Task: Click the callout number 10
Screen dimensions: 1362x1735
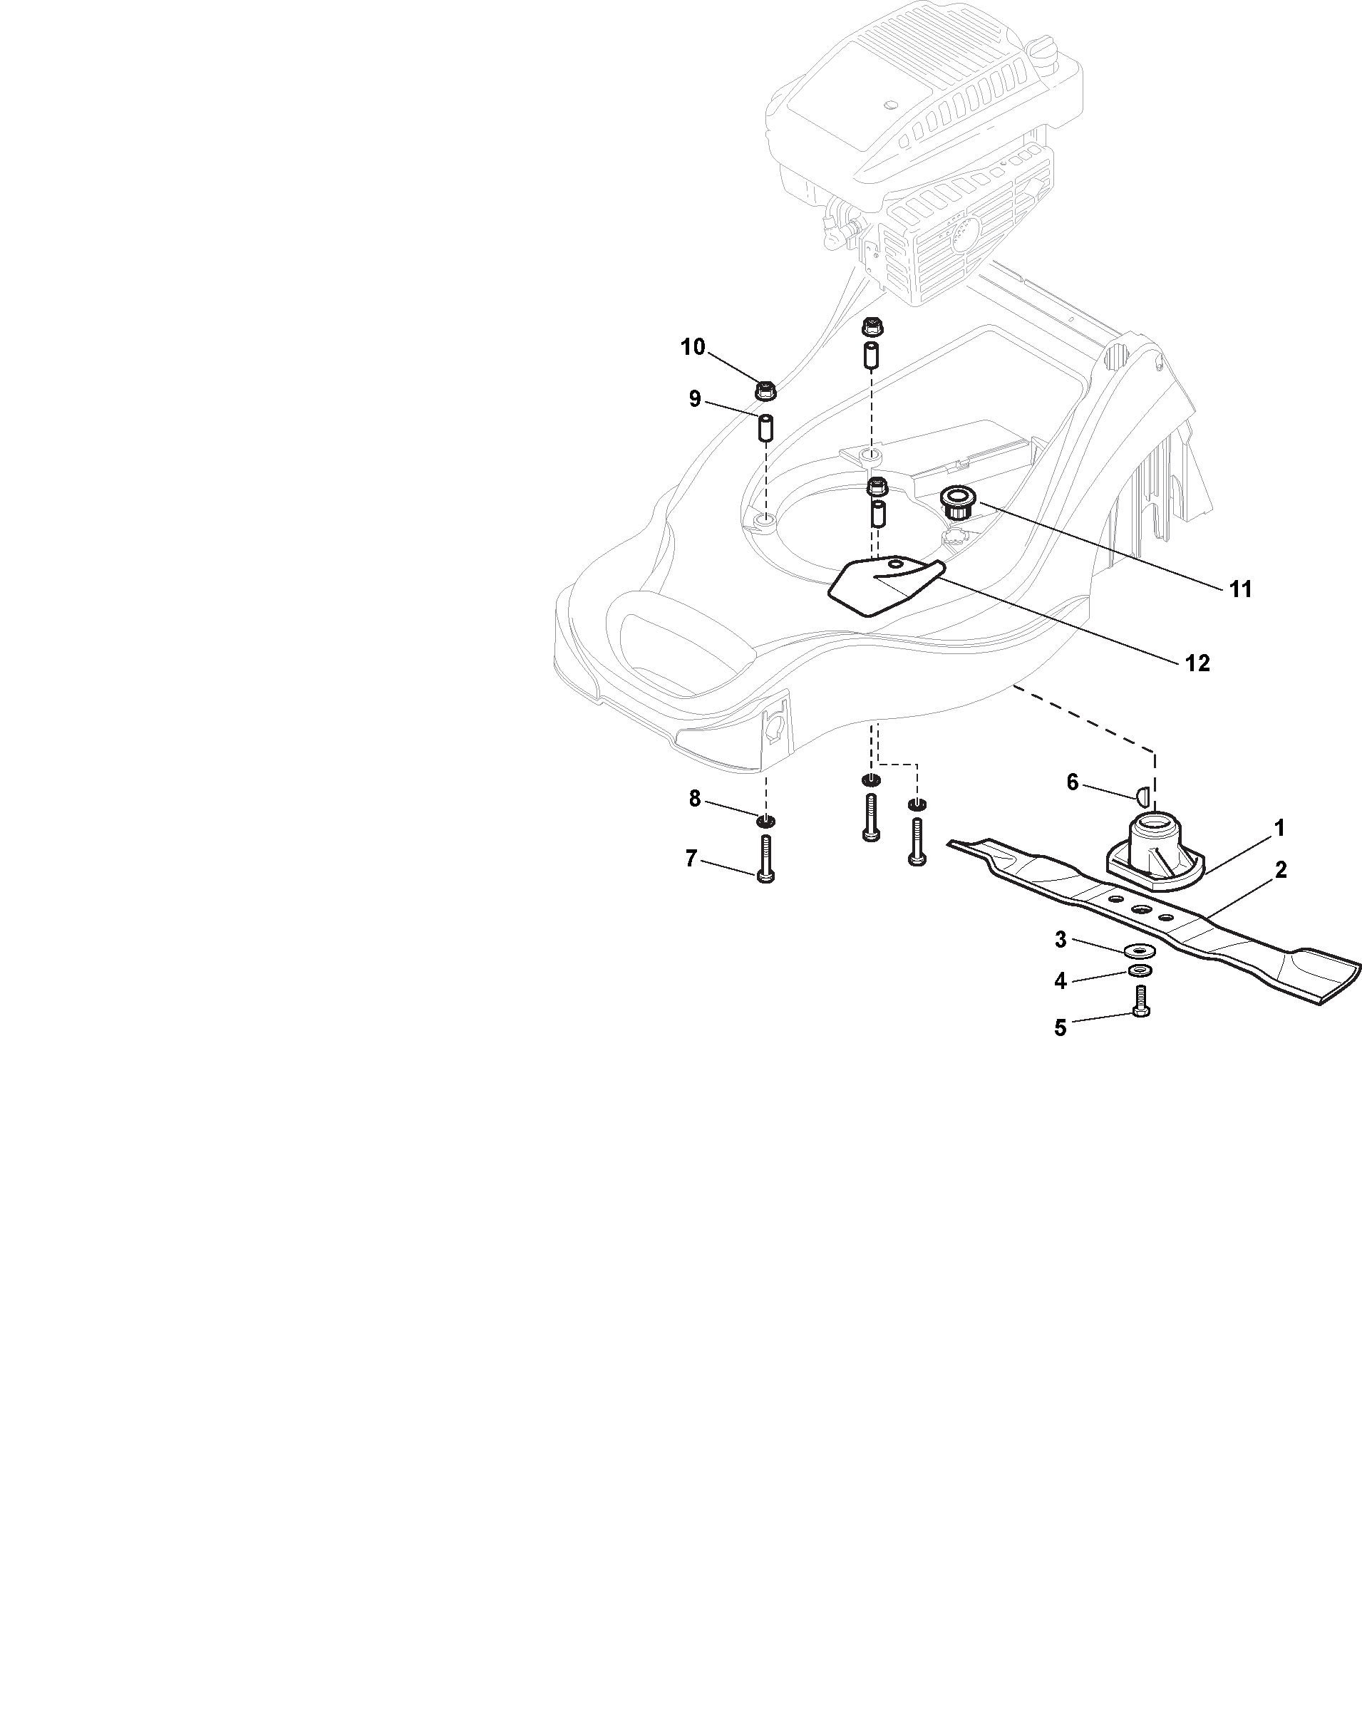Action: coord(692,347)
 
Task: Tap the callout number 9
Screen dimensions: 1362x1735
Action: coord(695,399)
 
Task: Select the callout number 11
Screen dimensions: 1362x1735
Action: coord(1240,589)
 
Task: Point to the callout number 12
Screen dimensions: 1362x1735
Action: coord(1198,663)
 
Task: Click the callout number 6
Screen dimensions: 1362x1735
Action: coord(1072,783)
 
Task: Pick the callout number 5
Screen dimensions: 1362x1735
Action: coord(1060,1027)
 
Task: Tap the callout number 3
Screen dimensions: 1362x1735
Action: coord(1060,940)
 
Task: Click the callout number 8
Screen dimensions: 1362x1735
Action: coord(695,798)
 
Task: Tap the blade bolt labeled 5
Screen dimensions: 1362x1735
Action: coord(1140,1001)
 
